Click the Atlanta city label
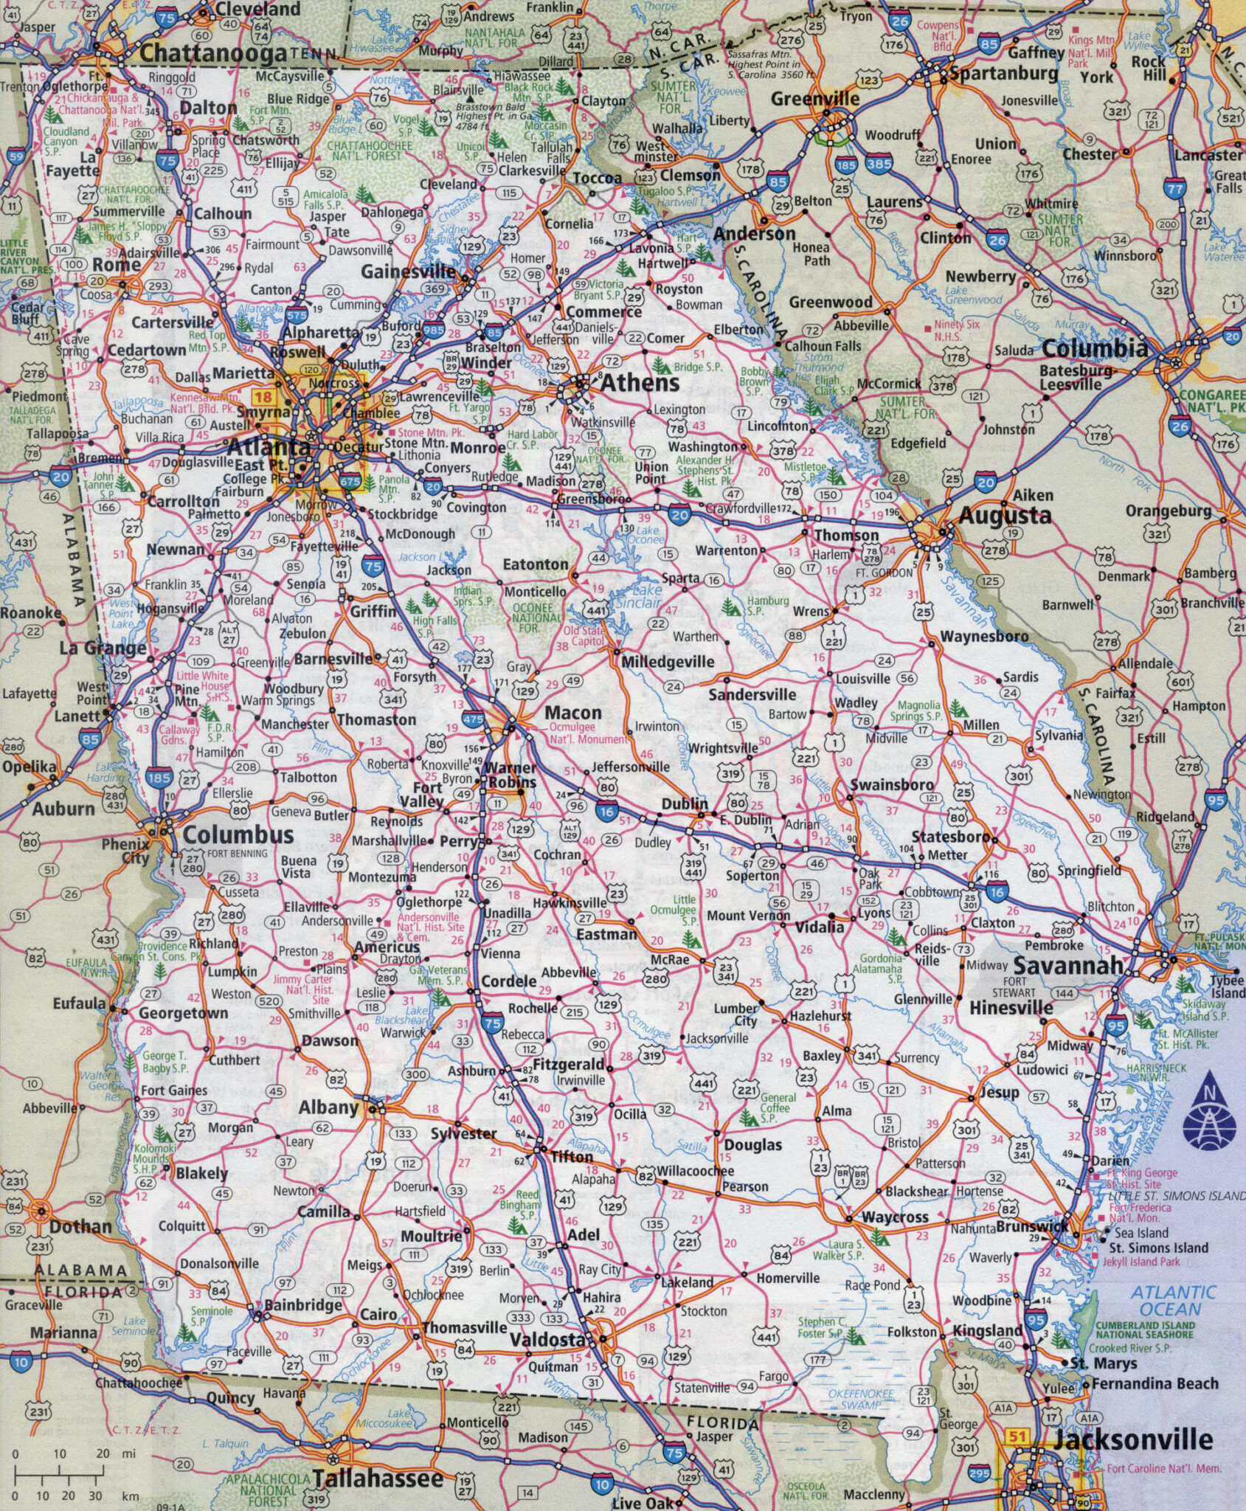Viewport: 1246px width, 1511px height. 269,446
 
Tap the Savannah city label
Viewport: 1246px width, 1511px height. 1068,965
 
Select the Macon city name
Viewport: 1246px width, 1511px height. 573,713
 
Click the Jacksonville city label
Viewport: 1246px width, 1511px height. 1133,1439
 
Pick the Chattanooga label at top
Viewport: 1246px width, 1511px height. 212,53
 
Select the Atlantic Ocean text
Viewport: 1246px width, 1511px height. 1172,1301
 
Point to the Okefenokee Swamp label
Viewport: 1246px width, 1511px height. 861,1399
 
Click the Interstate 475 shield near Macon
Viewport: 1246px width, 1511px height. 473,718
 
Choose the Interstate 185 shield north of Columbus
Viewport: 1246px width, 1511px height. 159,777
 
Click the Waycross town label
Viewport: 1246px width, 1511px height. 895,1217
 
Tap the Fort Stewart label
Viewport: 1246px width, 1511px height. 1015,986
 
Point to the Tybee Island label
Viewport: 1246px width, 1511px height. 1227,986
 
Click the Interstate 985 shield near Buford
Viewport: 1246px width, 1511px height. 434,331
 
